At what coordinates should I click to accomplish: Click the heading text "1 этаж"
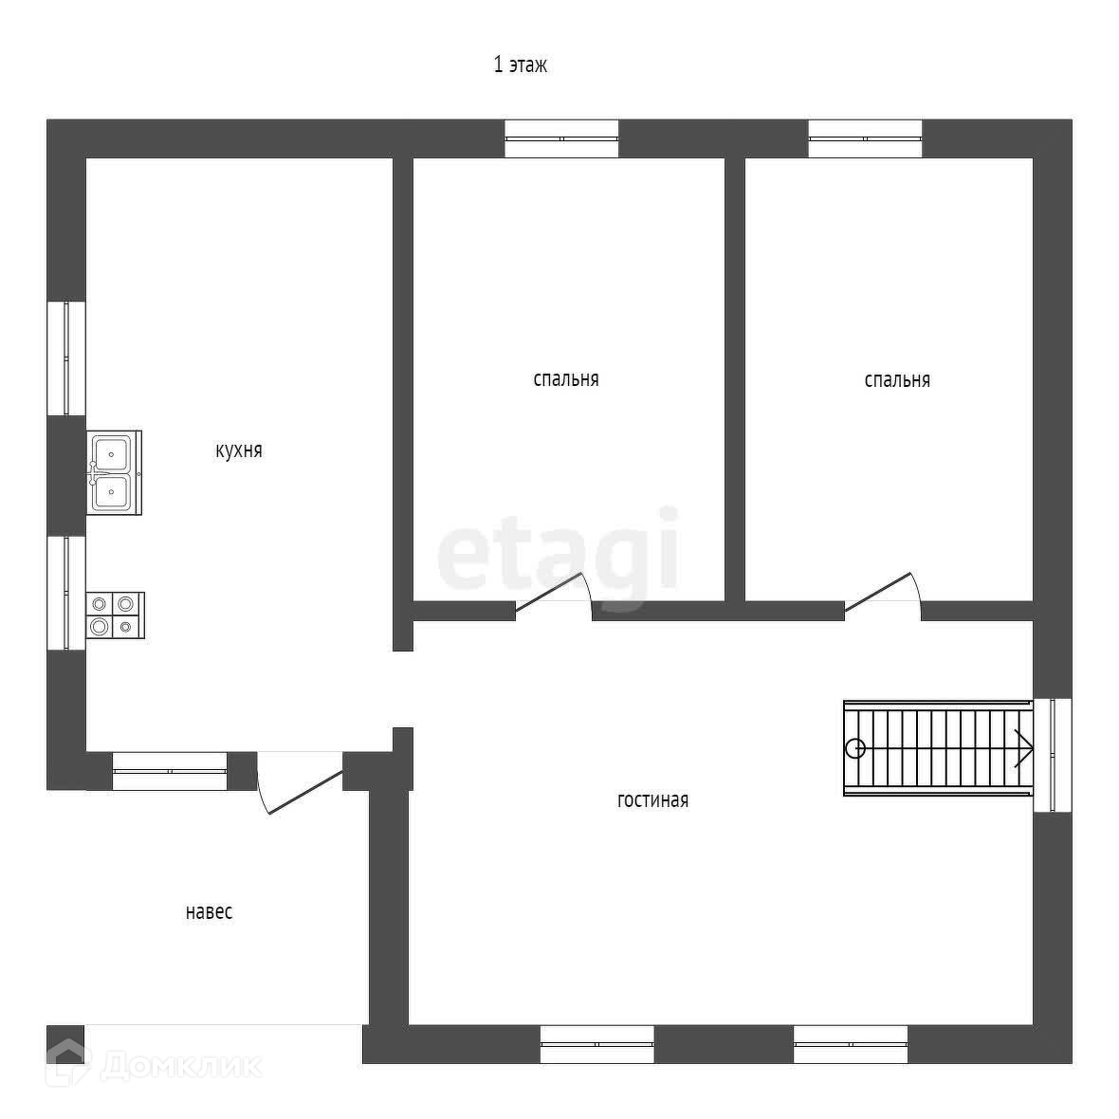[520, 65]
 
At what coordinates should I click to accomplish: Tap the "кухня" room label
[238, 450]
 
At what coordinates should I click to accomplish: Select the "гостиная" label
[652, 800]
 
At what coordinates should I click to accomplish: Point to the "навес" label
[209, 912]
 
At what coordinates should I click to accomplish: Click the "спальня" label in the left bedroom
[565, 379]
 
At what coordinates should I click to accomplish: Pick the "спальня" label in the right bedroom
[896, 380]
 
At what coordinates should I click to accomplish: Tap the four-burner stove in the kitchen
[115, 615]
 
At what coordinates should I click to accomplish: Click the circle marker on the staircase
[856, 748]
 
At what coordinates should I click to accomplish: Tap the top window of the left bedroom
[561, 138]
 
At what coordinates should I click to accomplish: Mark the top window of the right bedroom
[865, 138]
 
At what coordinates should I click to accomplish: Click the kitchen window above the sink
[66, 358]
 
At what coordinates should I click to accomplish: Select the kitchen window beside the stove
[66, 594]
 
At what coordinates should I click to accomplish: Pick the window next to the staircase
[1052, 755]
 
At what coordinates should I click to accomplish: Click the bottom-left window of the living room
[596, 1044]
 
